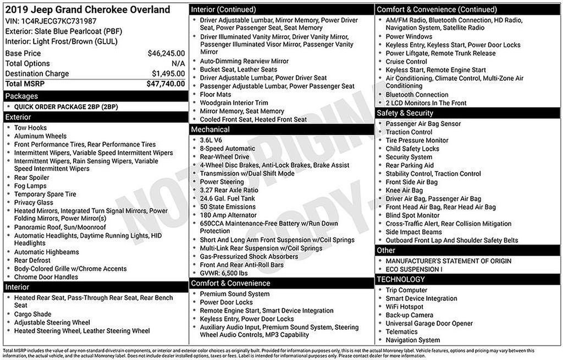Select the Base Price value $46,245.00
(166, 53)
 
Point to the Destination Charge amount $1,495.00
(168, 74)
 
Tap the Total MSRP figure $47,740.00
(165, 84)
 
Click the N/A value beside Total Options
(178, 64)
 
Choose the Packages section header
(22, 96)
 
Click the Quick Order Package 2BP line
(66, 107)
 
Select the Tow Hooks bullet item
(30, 128)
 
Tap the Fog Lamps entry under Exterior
(31, 186)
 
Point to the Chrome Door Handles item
(46, 277)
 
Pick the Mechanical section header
(210, 130)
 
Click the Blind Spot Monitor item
(412, 215)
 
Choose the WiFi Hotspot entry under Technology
(404, 307)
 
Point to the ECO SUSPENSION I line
(413, 269)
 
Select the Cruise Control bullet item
(406, 62)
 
